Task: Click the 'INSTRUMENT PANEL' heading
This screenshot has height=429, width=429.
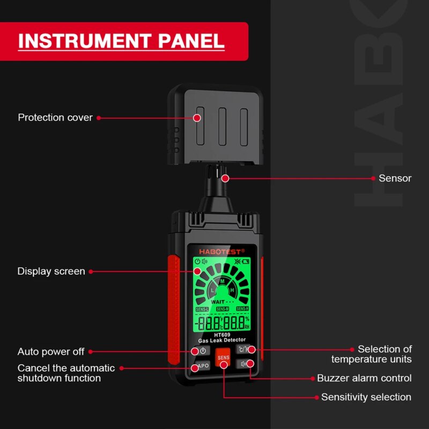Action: click(x=121, y=41)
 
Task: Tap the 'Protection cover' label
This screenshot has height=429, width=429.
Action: click(x=55, y=117)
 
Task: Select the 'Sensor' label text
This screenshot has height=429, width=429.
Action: click(x=395, y=178)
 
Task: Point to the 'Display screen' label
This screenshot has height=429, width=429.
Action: click(x=51, y=271)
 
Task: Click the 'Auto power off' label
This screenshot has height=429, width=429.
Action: click(x=51, y=352)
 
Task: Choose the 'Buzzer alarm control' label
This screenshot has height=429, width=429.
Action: click(x=364, y=378)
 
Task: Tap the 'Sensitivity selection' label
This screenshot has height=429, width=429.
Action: click(x=366, y=397)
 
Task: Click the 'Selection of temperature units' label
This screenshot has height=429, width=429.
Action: click(x=371, y=354)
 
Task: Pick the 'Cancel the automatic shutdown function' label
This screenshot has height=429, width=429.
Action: click(x=66, y=373)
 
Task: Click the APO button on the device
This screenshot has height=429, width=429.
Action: click(x=202, y=366)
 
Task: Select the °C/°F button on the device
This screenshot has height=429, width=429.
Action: click(x=244, y=350)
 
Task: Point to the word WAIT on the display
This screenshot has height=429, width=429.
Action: click(x=219, y=302)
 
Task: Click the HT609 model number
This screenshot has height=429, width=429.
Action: click(x=221, y=335)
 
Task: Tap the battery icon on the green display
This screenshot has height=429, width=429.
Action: click(x=246, y=262)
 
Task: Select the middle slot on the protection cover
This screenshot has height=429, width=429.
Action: click(x=222, y=127)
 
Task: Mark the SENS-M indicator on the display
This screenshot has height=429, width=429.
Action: click(x=222, y=309)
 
